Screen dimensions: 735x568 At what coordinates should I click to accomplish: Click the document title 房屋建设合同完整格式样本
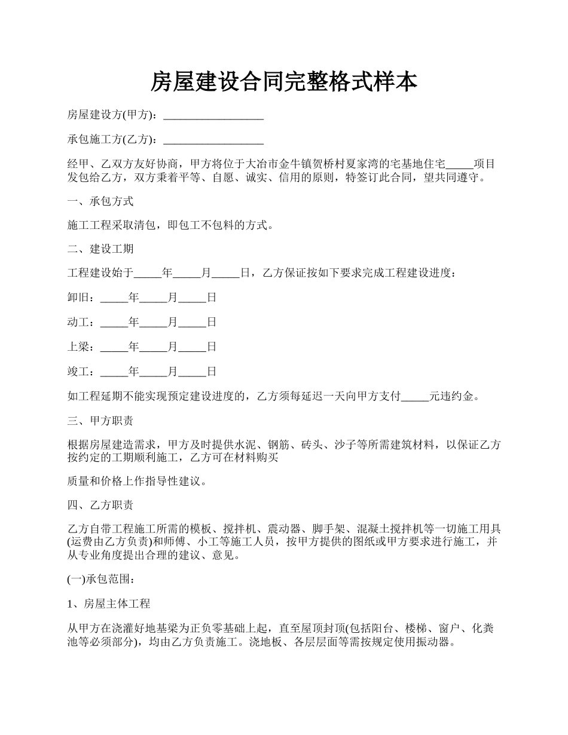[x=283, y=82]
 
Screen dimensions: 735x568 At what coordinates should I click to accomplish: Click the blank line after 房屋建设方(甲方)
[x=213, y=115]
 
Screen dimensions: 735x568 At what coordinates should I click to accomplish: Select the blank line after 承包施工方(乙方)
[x=213, y=140]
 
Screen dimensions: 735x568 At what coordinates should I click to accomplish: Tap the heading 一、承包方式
[x=100, y=201]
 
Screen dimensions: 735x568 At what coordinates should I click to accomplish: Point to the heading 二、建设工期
[x=100, y=249]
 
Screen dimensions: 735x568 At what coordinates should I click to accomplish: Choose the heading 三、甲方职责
[x=100, y=421]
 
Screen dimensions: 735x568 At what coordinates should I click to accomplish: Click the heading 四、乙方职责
[x=100, y=506]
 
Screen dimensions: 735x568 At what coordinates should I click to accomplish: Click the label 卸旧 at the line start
[x=78, y=298]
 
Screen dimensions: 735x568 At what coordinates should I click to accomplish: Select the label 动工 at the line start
[x=78, y=322]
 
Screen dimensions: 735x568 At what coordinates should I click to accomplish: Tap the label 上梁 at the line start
[x=78, y=347]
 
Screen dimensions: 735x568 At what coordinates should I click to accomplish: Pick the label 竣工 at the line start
[x=78, y=372]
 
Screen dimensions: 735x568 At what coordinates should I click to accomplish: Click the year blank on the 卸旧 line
[x=114, y=298]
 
